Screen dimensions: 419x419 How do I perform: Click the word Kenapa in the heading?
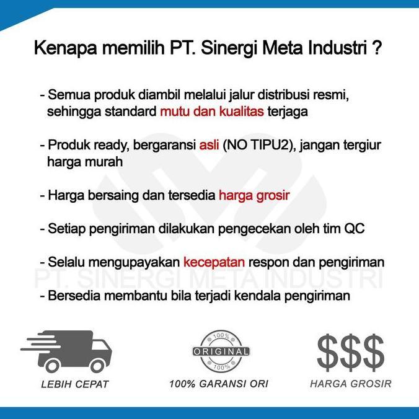(65, 48)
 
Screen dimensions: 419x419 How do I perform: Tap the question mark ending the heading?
(377, 48)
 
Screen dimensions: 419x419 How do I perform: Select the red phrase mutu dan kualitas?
(212, 112)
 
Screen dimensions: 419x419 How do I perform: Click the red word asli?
(209, 145)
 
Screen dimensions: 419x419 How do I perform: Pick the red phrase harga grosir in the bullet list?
(254, 195)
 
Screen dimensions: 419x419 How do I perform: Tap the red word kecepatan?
(214, 262)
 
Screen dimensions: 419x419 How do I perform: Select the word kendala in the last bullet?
(258, 296)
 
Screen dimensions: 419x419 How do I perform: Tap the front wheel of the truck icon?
(97, 366)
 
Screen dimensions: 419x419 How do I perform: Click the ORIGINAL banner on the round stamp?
(221, 351)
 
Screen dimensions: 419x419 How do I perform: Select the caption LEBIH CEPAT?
(75, 384)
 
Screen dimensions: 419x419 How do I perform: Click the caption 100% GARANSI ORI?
(219, 384)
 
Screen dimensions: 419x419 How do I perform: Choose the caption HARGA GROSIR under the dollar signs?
(351, 384)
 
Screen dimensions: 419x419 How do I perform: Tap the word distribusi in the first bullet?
(283, 95)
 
